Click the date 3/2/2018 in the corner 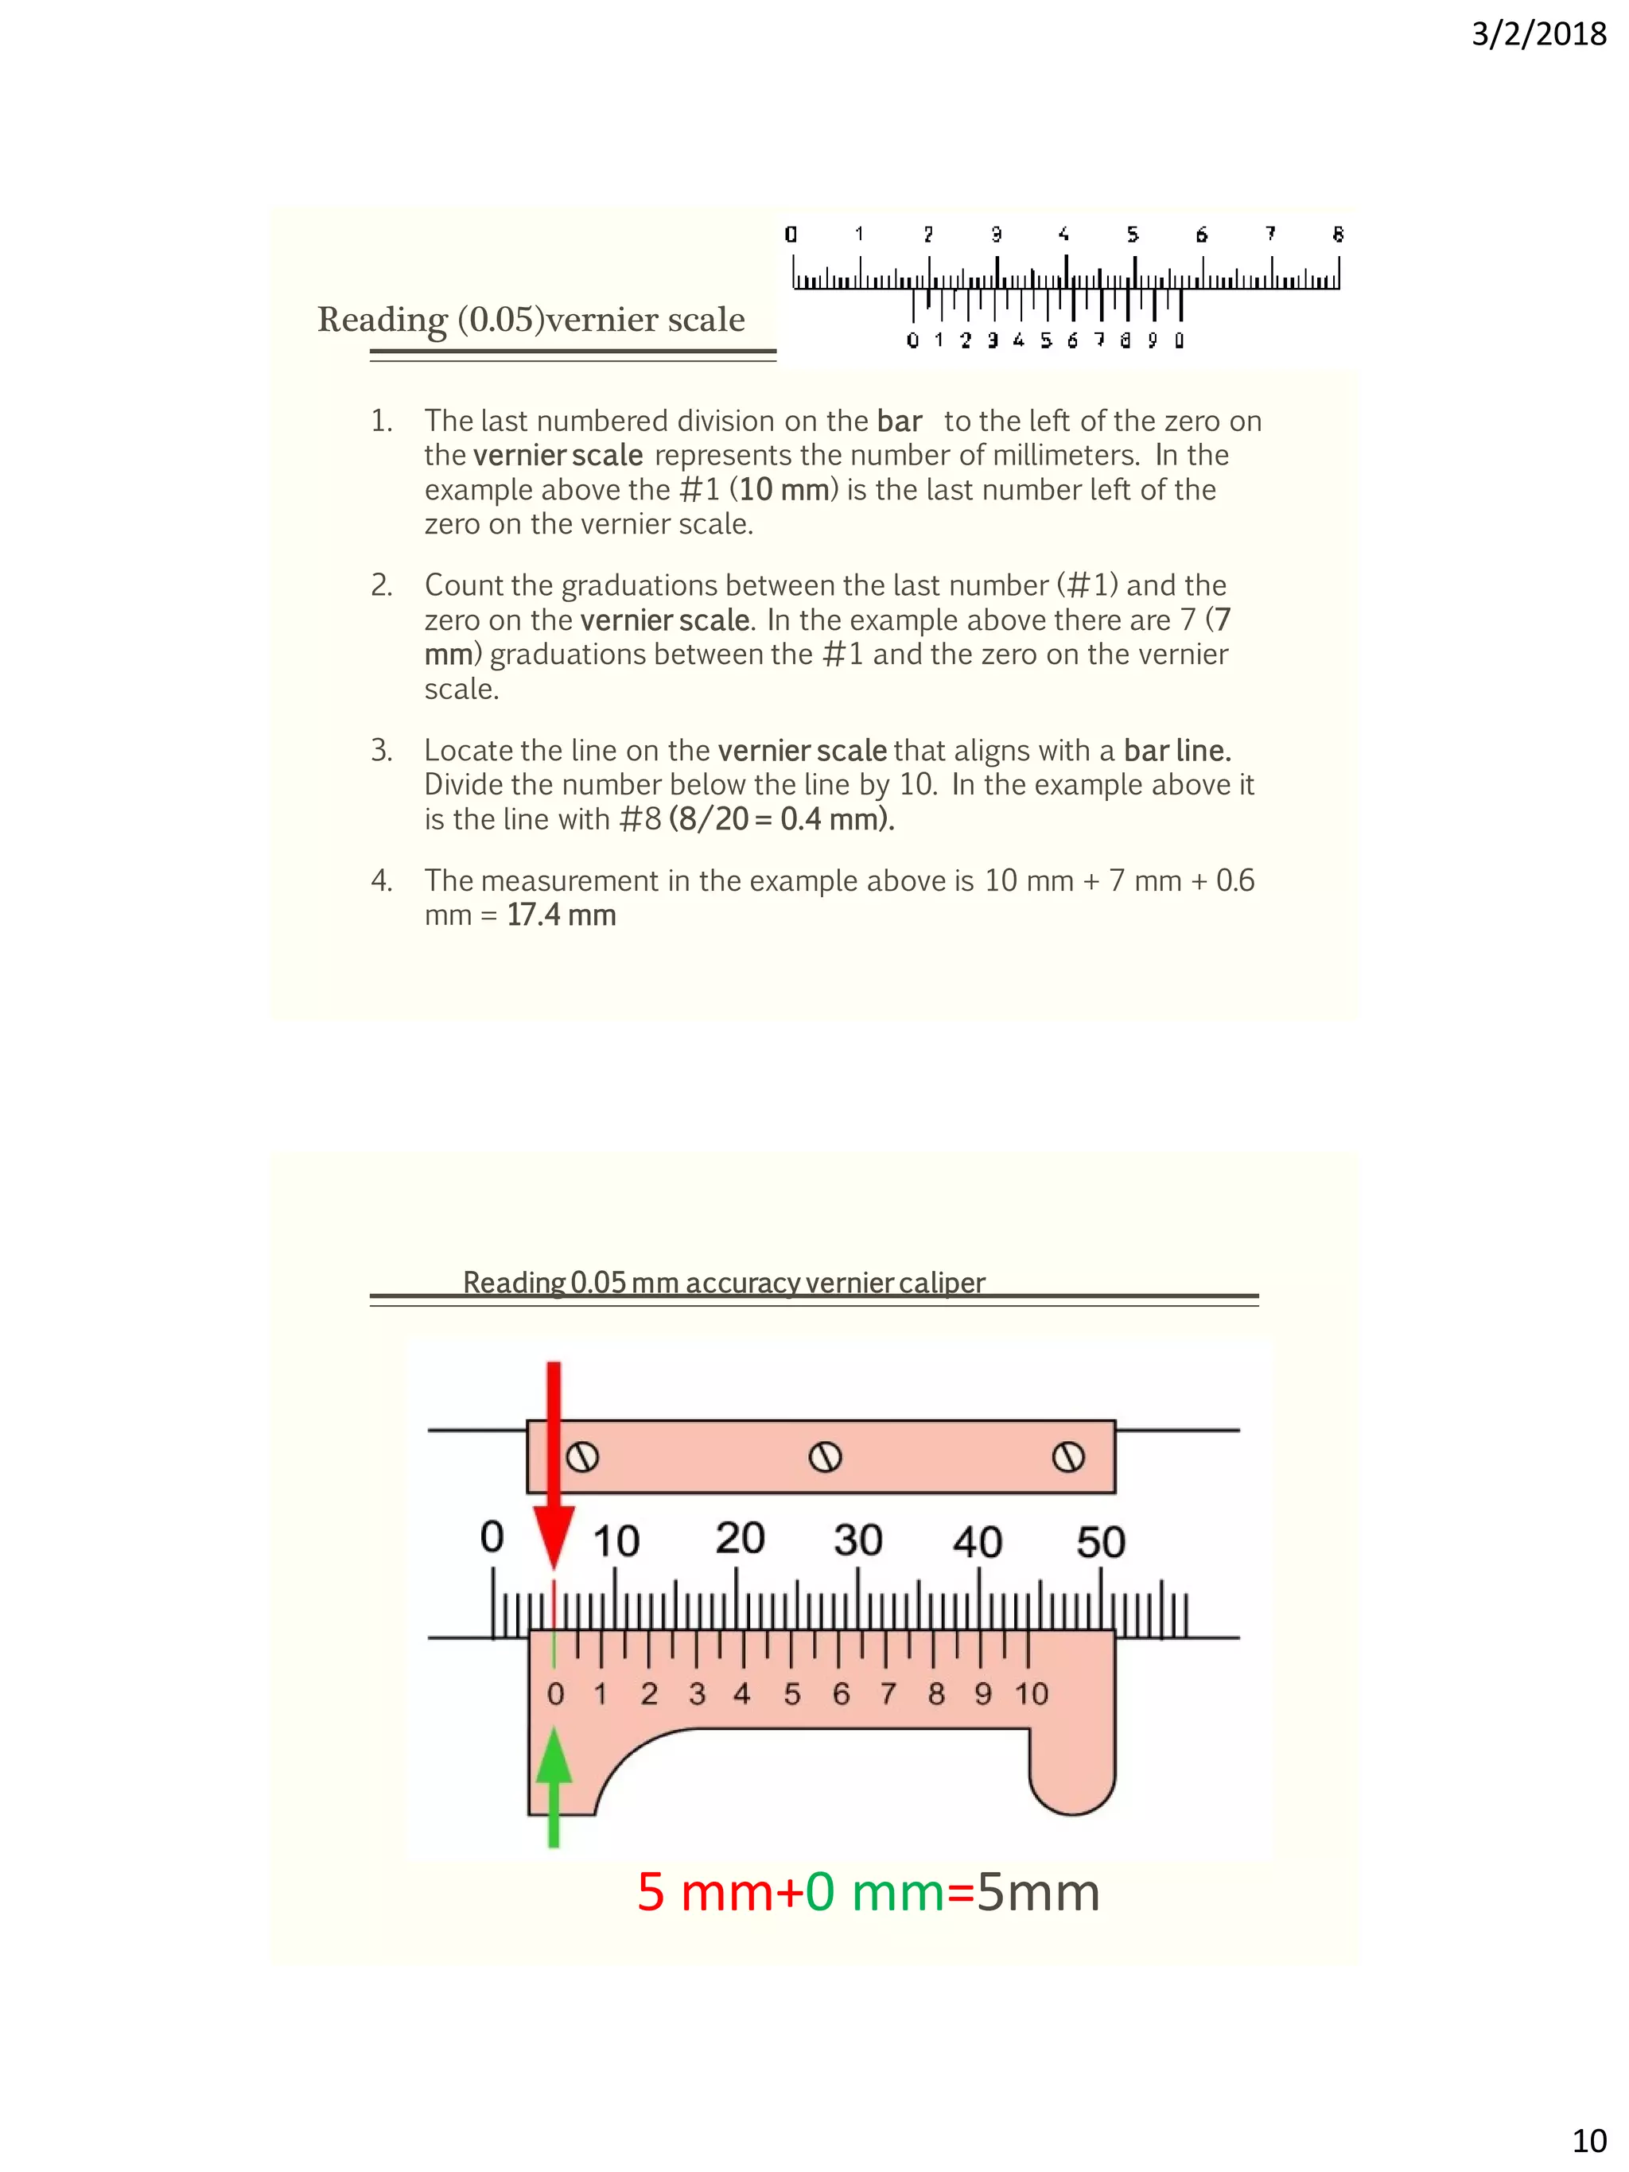[1538, 34]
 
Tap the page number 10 [1588, 2139]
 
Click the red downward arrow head [554, 1536]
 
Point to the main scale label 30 [857, 1540]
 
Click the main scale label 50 [1100, 1541]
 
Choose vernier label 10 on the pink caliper [1031, 1694]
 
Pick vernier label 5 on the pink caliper [791, 1694]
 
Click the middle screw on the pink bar [825, 1457]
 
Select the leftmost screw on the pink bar [582, 1457]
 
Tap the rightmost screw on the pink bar [1068, 1457]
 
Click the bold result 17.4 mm [562, 915]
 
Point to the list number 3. [381, 750]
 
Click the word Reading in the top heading [382, 320]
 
